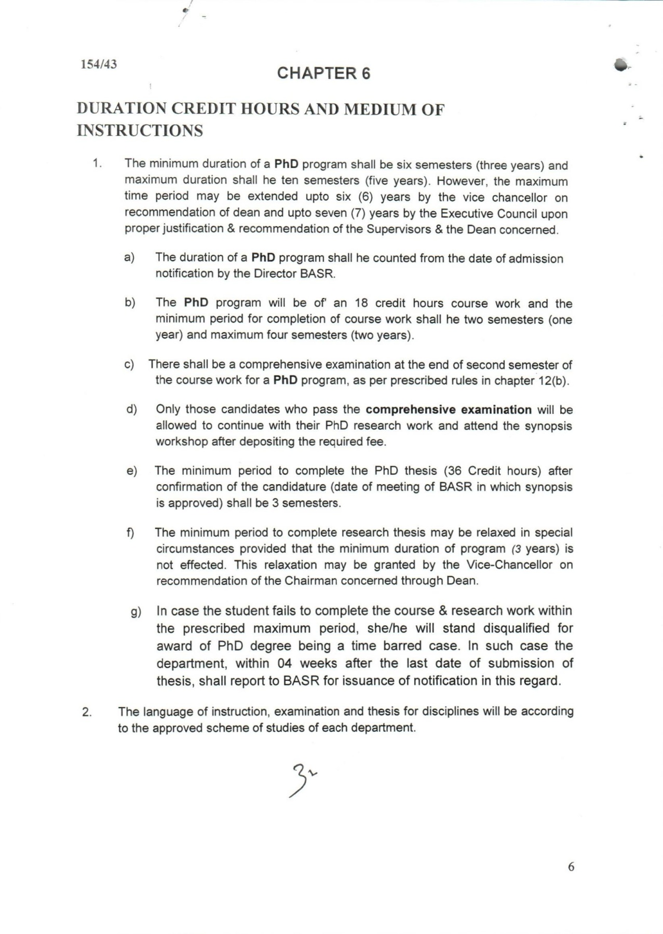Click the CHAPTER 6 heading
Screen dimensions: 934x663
point(323,73)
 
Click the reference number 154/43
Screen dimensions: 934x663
point(98,64)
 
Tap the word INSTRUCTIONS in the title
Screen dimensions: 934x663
point(140,130)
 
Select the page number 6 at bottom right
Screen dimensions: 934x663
point(571,867)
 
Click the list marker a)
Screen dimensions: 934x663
point(129,257)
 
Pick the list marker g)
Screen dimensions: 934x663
point(136,612)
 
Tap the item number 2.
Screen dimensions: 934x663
point(87,712)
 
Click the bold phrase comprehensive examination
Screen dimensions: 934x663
point(448,409)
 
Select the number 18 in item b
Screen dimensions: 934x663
point(361,303)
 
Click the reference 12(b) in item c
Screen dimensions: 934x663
point(553,380)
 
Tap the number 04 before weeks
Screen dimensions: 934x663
point(285,663)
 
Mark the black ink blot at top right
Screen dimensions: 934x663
point(620,65)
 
